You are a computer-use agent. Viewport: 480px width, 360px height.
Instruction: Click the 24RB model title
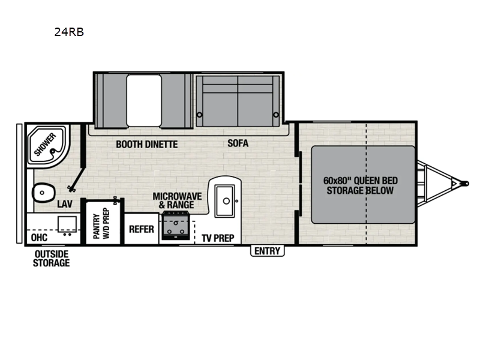click(68, 33)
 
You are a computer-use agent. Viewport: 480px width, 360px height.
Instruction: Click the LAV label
click(64, 204)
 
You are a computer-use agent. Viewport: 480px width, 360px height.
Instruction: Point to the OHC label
click(39, 237)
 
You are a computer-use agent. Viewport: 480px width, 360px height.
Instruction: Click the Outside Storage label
click(51, 259)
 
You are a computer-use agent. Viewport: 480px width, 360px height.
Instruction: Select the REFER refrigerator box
click(142, 229)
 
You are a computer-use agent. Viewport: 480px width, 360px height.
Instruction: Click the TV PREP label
click(217, 238)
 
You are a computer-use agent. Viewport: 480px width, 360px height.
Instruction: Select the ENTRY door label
click(267, 251)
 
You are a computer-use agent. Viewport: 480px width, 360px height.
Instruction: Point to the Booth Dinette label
click(147, 144)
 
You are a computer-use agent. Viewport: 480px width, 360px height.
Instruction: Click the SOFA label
click(238, 144)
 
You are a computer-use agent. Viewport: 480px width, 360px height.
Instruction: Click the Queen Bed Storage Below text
click(360, 185)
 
